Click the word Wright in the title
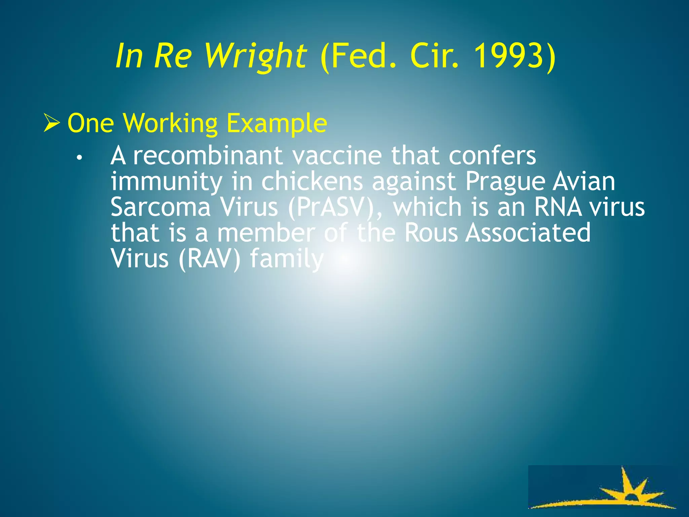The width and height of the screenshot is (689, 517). click(256, 56)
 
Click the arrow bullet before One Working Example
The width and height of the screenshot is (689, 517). click(52, 124)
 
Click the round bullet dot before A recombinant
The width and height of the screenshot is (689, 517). click(79, 158)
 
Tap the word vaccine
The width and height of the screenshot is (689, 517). click(336, 156)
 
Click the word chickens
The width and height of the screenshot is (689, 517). click(312, 181)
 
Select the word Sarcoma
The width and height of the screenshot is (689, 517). click(160, 207)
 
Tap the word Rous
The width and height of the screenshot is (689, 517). click(431, 233)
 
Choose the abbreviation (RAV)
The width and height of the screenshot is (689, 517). click(209, 259)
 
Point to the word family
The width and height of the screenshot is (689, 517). click(287, 259)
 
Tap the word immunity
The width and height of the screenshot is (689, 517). click(166, 182)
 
